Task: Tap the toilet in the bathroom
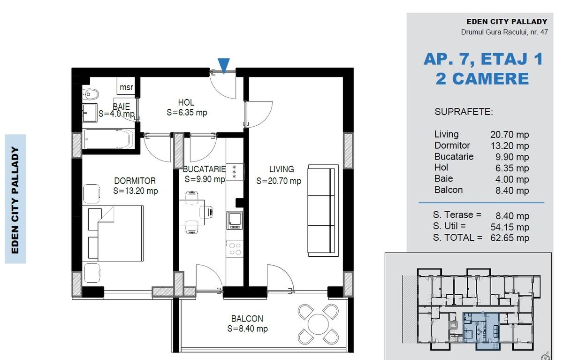tap(90, 94)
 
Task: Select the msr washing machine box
tap(126, 86)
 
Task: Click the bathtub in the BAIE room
tap(108, 138)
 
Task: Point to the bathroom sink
tap(90, 113)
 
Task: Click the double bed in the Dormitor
tap(115, 233)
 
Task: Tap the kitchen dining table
tap(191, 213)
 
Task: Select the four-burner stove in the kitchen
tap(235, 249)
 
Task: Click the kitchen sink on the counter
tap(235, 221)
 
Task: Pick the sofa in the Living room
tap(323, 210)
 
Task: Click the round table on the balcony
tap(318, 324)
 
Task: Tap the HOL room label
tap(186, 102)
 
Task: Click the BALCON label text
tap(247, 319)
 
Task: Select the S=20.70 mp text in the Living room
tap(279, 181)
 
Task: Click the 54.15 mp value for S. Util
tap(510, 227)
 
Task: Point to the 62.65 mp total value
tap(510, 238)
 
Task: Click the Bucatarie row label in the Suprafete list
tap(454, 156)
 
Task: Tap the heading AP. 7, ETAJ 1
tap(483, 59)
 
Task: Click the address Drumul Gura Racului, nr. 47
tap(504, 32)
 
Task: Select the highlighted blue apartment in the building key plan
tap(481, 330)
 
